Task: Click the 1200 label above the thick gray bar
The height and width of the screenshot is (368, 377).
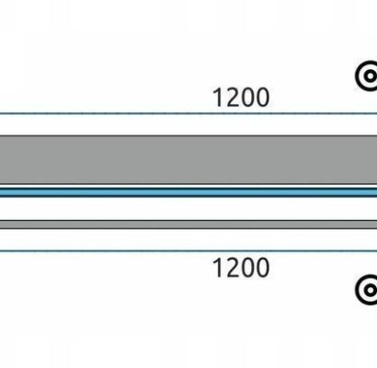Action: [x=241, y=98]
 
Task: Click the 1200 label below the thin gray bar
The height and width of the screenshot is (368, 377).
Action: [x=241, y=268]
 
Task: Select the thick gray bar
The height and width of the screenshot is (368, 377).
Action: [x=188, y=159]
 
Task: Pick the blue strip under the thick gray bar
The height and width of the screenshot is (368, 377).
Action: [x=188, y=192]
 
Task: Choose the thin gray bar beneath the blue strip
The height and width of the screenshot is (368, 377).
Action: [x=188, y=224]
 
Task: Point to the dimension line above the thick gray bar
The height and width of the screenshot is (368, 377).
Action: [x=188, y=113]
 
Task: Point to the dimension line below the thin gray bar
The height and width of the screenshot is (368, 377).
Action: [x=188, y=251]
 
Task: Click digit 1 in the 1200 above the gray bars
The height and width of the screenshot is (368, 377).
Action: [x=218, y=98]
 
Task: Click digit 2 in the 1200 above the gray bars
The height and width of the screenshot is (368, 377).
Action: [x=232, y=98]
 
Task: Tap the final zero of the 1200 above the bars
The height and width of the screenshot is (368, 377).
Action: [x=263, y=98]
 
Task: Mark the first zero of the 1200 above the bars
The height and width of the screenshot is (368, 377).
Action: [x=247, y=98]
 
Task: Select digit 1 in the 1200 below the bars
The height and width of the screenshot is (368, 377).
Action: [x=218, y=268]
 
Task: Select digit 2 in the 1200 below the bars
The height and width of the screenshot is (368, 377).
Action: [x=232, y=268]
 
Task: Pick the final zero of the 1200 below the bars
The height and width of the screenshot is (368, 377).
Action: [x=263, y=268]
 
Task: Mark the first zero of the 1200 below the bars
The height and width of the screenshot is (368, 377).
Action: [x=247, y=268]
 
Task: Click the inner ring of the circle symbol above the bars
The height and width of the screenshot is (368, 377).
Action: [x=365, y=75]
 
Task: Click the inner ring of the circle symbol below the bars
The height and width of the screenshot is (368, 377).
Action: [x=365, y=290]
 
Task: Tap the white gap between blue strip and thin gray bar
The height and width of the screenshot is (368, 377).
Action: [x=188, y=209]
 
